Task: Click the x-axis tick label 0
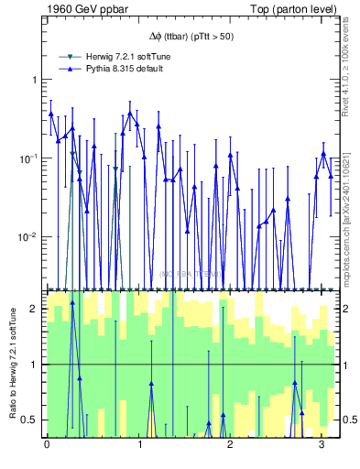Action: tap(47, 444)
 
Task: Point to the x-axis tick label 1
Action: tap(138, 444)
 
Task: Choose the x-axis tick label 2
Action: tap(230, 444)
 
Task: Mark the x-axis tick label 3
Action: tap(322, 444)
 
